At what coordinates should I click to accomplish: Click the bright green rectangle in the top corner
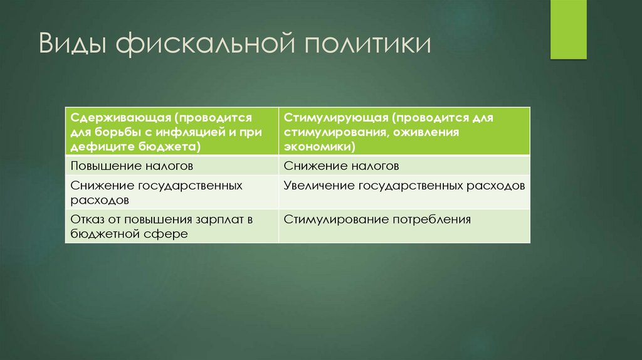568,29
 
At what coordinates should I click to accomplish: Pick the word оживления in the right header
428,132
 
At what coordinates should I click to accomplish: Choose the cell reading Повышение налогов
131,166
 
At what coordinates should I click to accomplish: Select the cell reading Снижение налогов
341,166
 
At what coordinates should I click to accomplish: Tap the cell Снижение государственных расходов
156,193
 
